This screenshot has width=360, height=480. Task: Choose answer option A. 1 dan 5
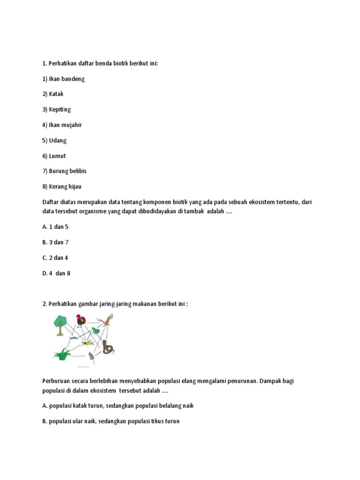coord(55,227)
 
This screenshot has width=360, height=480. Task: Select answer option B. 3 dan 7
coord(55,242)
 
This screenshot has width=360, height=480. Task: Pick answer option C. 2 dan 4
coord(55,258)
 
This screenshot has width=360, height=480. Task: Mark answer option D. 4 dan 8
coord(56,273)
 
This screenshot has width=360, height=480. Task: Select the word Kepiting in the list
coord(60,110)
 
